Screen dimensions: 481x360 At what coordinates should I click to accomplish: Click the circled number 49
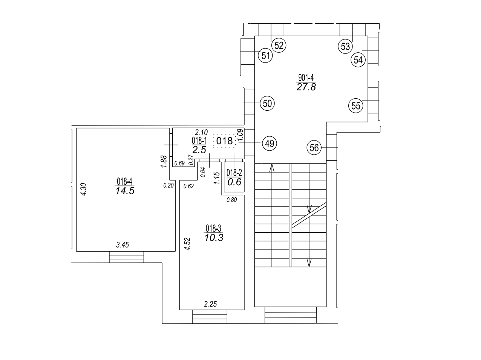[270, 143]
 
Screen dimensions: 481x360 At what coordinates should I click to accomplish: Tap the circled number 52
[279, 46]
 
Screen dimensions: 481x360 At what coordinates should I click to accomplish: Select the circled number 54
[358, 60]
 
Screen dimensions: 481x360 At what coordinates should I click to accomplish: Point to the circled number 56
[314, 148]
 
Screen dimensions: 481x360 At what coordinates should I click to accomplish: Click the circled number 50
[267, 103]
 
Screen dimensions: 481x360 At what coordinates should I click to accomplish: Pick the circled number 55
[355, 106]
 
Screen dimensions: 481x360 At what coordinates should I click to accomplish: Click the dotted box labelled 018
[224, 141]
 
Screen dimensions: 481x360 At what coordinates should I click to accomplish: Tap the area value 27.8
[306, 87]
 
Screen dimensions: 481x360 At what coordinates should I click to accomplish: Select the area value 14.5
[125, 191]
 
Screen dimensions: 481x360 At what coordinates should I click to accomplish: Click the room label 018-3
[213, 229]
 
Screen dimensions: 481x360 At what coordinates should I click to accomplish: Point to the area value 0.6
[234, 182]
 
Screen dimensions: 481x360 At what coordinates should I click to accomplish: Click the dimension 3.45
[123, 245]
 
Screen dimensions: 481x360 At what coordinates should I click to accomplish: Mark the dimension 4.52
[188, 244]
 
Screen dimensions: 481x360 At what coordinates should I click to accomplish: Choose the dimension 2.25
[210, 304]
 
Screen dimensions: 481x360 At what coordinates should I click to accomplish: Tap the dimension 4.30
[84, 189]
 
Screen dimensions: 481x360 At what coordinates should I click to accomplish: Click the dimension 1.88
[164, 161]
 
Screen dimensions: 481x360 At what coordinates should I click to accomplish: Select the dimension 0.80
[231, 200]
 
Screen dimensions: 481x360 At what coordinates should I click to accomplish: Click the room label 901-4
[306, 78]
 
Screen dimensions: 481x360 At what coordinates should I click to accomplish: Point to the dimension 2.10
[201, 133]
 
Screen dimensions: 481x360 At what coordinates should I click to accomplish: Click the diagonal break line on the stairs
[309, 215]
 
